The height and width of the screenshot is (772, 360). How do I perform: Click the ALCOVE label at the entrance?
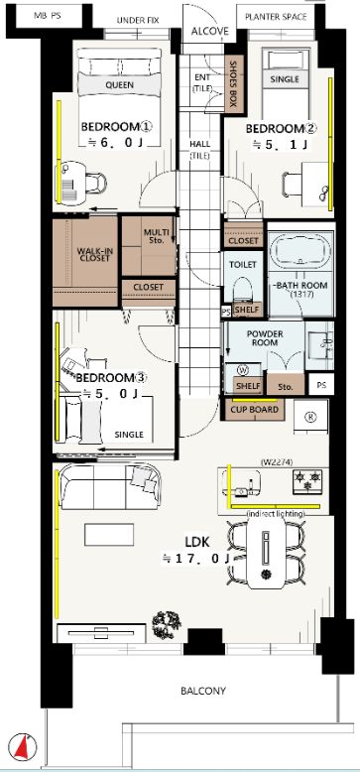(x=210, y=32)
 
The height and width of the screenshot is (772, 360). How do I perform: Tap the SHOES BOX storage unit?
(x=233, y=83)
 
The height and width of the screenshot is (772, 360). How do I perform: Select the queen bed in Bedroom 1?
(x=120, y=96)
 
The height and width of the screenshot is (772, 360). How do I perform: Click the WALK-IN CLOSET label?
(x=94, y=254)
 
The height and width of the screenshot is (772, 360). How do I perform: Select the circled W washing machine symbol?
(x=242, y=369)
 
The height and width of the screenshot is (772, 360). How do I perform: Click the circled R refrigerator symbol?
(x=310, y=417)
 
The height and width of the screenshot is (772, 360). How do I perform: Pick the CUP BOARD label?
(x=255, y=409)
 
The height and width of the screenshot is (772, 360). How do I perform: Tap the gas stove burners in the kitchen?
(x=307, y=480)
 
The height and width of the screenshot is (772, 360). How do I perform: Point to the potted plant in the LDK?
(x=167, y=625)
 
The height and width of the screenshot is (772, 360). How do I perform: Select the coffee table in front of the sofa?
(x=109, y=534)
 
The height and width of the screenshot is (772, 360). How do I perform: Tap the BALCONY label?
(x=203, y=691)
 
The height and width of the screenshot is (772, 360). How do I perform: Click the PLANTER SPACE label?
(x=276, y=17)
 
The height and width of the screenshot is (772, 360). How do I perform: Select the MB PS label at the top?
(x=48, y=15)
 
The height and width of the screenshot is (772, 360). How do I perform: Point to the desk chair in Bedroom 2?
(x=293, y=186)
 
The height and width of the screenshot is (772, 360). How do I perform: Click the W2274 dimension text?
(x=277, y=461)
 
